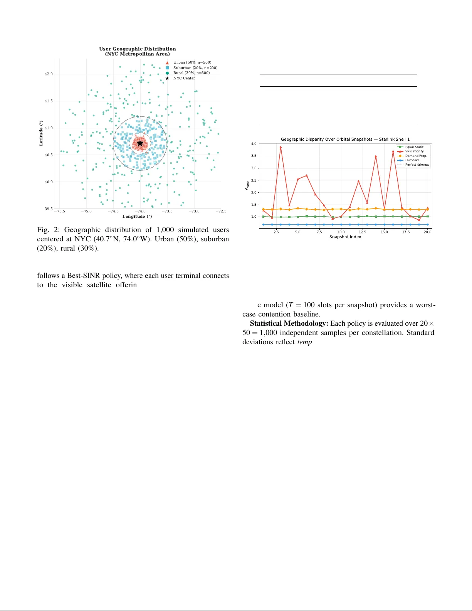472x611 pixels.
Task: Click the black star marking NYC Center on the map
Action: pos(140,143)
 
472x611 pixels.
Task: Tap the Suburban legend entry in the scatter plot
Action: pos(195,68)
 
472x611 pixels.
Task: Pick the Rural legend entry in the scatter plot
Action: pos(191,73)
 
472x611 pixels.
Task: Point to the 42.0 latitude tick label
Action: pos(49,74)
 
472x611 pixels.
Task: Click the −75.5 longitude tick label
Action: pos(60,211)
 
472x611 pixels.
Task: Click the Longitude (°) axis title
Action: pos(137,217)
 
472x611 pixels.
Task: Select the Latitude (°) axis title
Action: pos(41,133)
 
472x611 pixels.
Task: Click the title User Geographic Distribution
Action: pos(138,49)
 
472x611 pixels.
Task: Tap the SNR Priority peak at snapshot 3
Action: pos(281,147)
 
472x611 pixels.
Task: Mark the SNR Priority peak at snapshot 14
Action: pos(376,156)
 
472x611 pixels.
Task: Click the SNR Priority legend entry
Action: pos(414,151)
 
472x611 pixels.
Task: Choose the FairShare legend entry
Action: pos(412,160)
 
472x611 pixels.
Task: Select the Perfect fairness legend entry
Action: pos(417,165)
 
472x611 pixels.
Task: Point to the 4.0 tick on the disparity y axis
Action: pos(254,144)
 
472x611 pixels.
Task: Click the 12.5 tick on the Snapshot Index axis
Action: pos(363,232)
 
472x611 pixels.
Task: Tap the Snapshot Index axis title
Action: pos(345,237)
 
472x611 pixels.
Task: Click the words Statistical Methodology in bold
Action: pos(289,323)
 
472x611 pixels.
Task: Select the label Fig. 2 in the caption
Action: pos(48,230)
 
